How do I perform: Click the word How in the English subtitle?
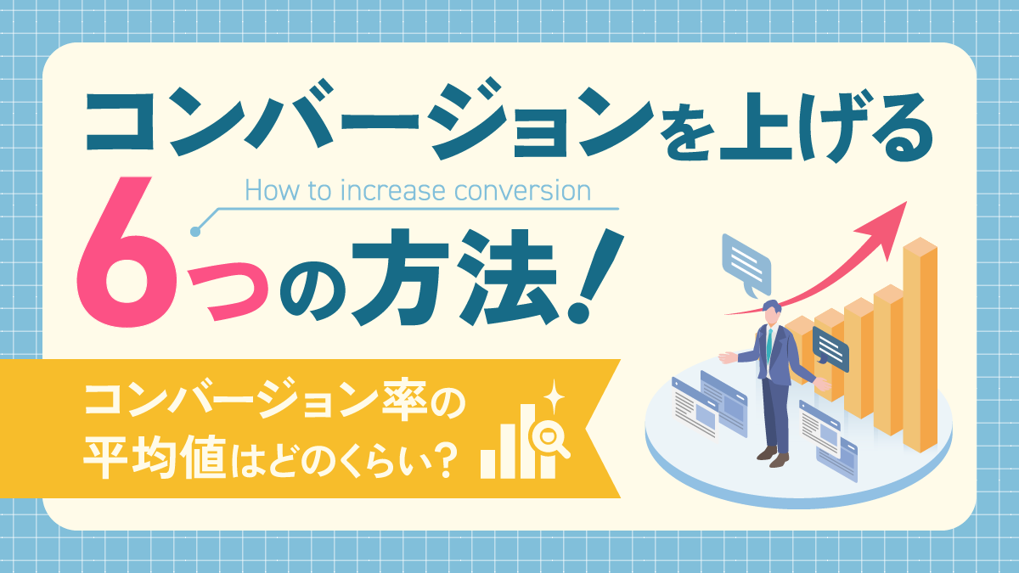273,191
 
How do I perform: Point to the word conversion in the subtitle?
523,192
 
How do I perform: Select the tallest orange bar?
920,345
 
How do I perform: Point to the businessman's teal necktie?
769,345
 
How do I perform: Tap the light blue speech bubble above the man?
746,265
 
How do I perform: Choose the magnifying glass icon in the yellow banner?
551,436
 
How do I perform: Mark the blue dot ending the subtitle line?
195,232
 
